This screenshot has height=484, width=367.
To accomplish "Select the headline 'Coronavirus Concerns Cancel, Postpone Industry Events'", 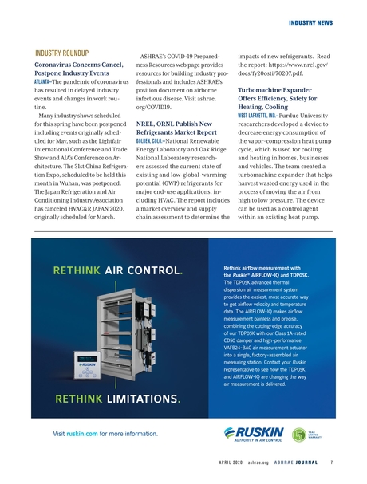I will pos(78,69).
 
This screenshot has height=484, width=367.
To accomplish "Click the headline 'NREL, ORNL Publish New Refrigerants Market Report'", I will pos(178,130).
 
